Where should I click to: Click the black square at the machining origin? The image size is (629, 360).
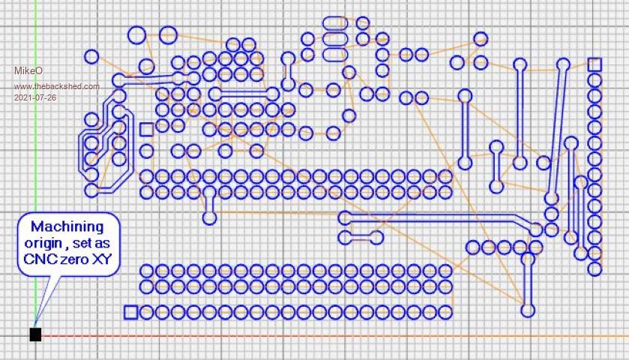(35, 334)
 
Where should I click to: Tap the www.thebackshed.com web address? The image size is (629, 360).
(56, 86)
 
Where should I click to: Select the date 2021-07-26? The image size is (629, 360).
(34, 97)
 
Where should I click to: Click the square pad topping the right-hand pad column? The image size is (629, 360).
(595, 64)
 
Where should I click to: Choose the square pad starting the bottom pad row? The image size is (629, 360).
(130, 311)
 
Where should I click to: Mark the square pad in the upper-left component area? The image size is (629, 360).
(146, 130)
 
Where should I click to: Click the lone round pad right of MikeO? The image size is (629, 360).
(91, 56)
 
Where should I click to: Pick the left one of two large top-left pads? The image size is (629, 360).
(136, 34)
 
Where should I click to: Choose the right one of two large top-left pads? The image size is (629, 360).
(168, 34)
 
